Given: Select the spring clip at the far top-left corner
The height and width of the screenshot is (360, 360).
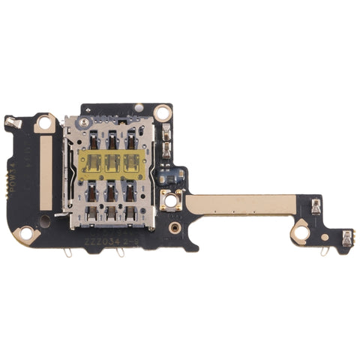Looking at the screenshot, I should [10, 121].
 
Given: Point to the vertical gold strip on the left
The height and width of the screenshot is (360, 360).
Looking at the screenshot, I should [46, 173].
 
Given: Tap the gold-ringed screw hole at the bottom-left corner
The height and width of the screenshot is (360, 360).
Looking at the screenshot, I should [26, 235].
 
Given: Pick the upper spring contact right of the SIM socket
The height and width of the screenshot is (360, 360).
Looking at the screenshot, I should [167, 137].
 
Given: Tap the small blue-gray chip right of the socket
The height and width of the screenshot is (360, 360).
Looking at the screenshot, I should [177, 177].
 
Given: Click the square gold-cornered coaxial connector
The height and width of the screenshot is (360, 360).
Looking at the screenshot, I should [171, 200].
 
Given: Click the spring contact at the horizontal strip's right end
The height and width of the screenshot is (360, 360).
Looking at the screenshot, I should [316, 203].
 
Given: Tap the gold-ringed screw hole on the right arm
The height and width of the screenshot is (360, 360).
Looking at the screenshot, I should [301, 232].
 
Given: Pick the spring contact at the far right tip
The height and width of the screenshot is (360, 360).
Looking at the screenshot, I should [347, 239].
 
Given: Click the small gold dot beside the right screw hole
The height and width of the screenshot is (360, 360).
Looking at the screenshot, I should [325, 237].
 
